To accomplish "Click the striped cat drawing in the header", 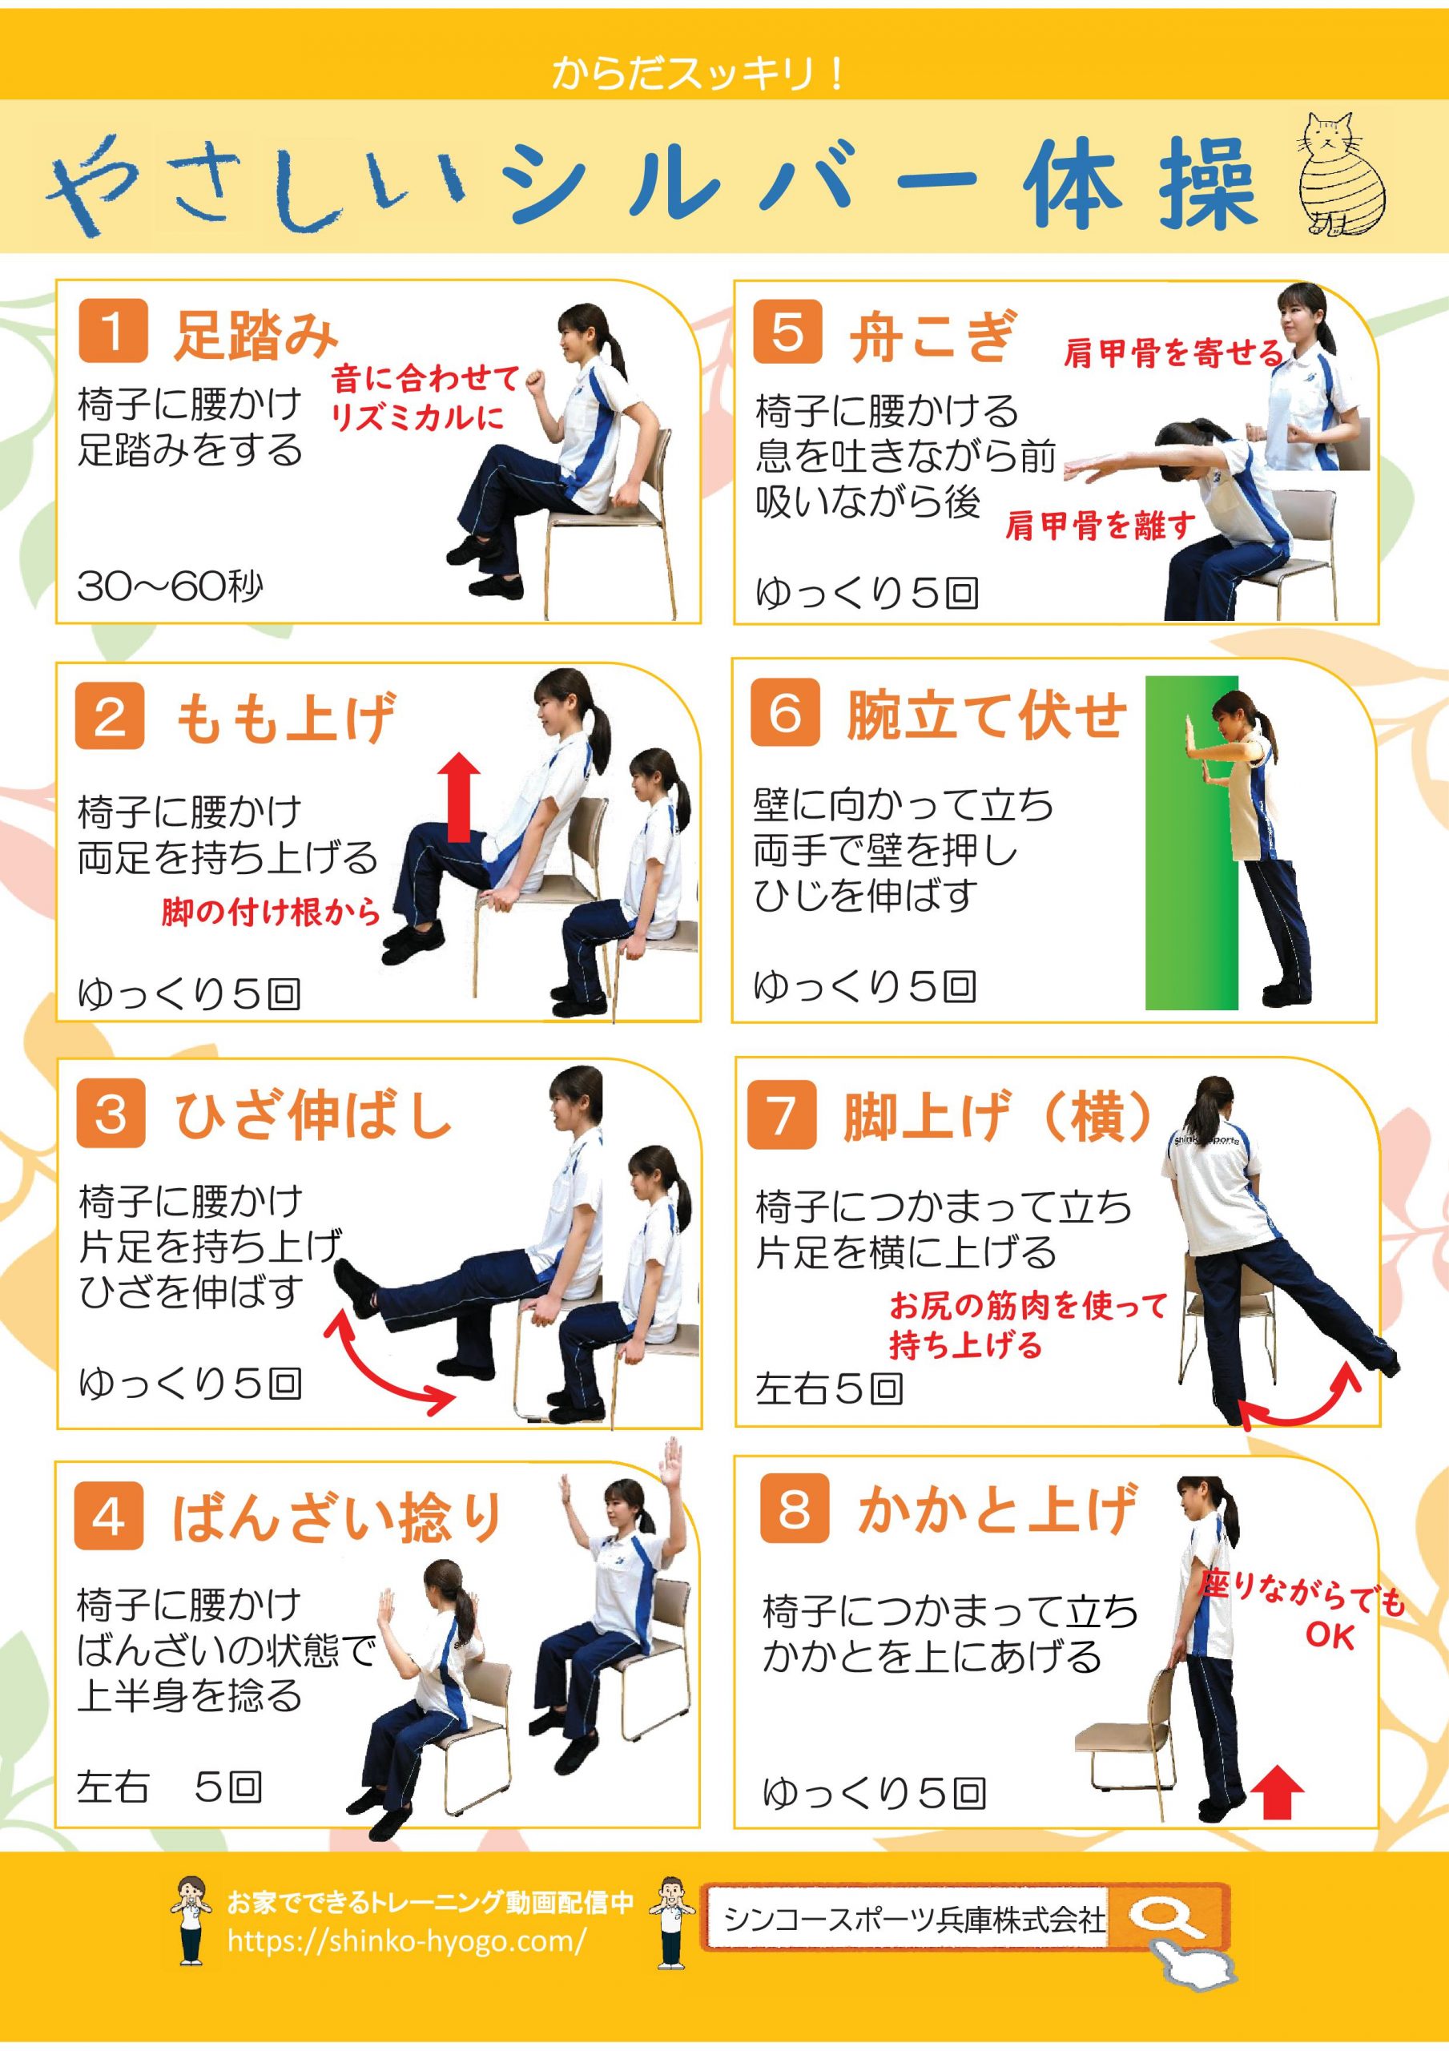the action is [x=1339, y=173].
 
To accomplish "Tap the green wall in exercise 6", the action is [x=1192, y=842].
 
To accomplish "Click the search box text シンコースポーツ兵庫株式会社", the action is [x=914, y=1916].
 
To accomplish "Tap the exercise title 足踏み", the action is [x=255, y=334].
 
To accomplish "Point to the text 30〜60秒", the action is [x=170, y=587].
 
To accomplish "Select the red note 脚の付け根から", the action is [x=271, y=912].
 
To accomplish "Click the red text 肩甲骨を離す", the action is [x=1100, y=526].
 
